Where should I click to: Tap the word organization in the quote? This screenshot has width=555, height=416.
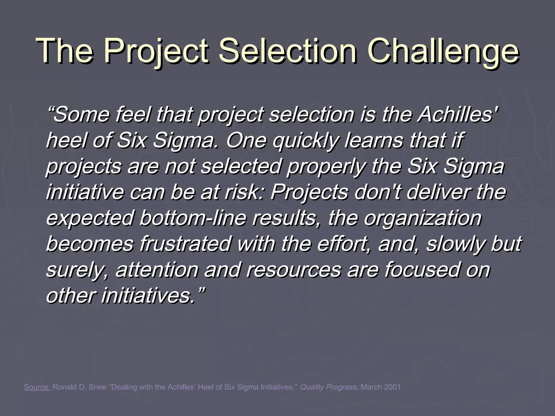pyautogui.click(x=423, y=218)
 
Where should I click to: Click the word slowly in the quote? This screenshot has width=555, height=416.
pyautogui.click(x=456, y=243)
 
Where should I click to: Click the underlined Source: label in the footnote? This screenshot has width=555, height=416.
pyautogui.click(x=37, y=387)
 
